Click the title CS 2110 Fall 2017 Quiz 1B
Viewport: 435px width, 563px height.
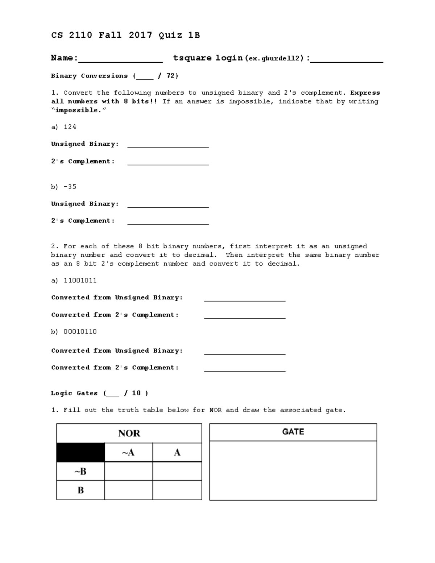point(125,35)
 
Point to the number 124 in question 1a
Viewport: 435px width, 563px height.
point(70,127)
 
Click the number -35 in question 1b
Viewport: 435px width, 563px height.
point(70,187)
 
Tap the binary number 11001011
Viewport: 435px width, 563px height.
point(80,281)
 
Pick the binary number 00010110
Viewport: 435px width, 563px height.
point(80,332)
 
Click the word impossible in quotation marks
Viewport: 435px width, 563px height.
point(76,110)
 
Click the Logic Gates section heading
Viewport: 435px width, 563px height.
point(74,393)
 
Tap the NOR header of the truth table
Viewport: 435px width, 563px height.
point(129,433)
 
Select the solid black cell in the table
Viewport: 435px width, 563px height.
point(80,452)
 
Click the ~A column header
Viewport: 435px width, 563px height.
point(128,452)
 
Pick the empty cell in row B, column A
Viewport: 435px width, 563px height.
point(177,490)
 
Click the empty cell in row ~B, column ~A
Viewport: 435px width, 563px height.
point(128,471)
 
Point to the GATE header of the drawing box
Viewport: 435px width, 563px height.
point(293,432)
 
